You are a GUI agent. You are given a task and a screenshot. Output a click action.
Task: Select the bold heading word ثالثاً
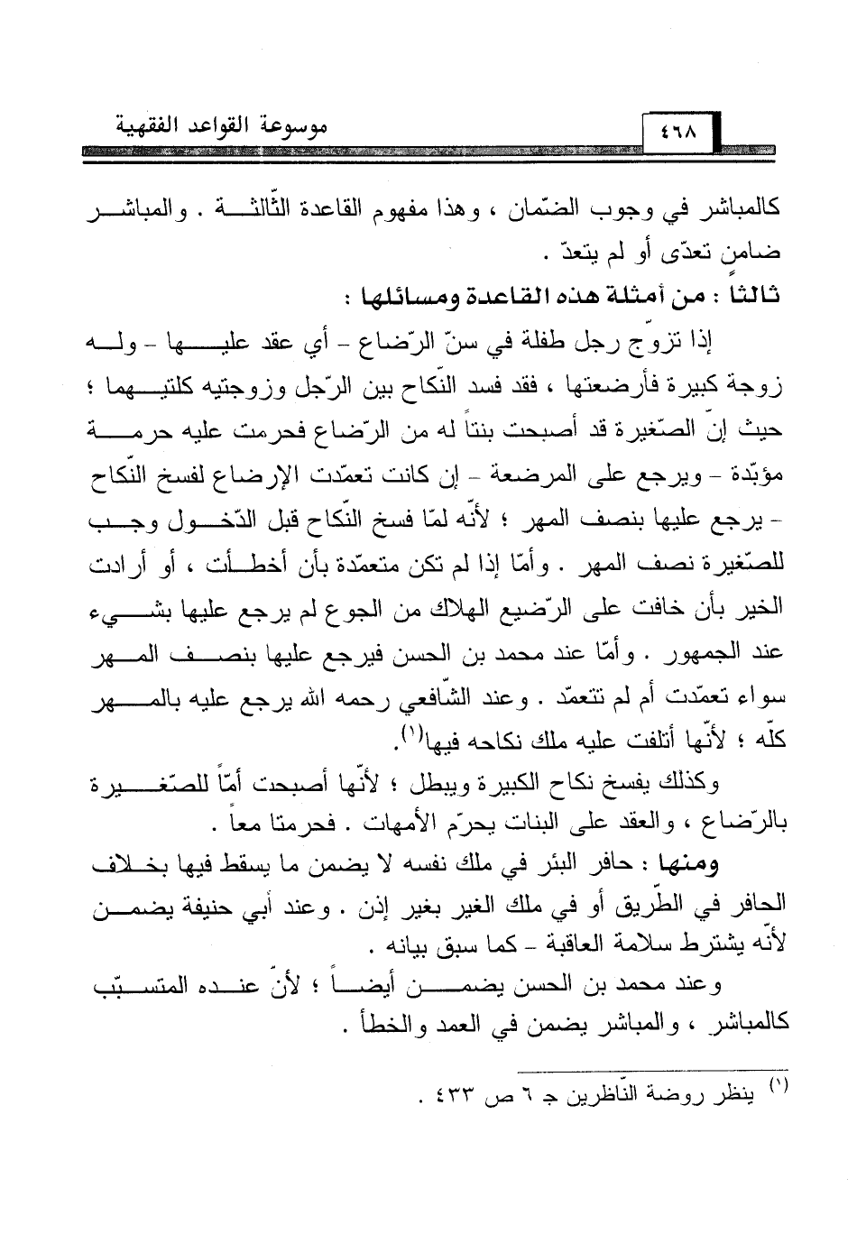754,297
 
